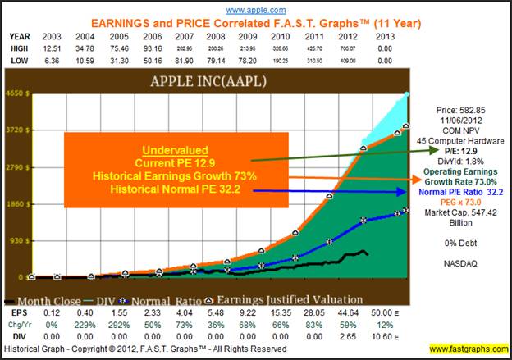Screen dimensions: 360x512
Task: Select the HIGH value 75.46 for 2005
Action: click(x=126, y=48)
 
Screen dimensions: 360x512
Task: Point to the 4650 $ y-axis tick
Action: click(x=16, y=93)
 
